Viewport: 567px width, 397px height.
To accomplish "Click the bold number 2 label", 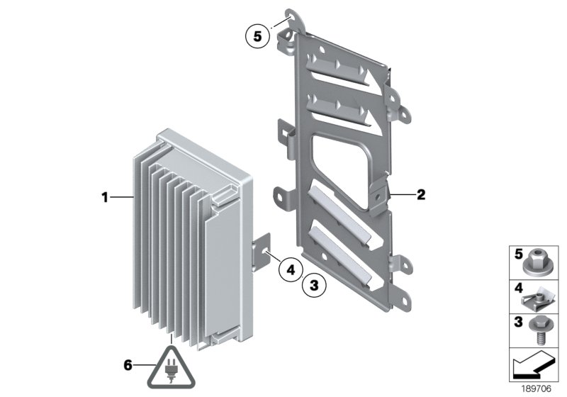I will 420,194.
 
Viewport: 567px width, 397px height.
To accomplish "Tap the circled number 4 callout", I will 290,268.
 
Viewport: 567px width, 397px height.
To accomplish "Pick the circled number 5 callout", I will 257,34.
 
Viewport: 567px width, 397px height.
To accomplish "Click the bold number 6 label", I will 128,365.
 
